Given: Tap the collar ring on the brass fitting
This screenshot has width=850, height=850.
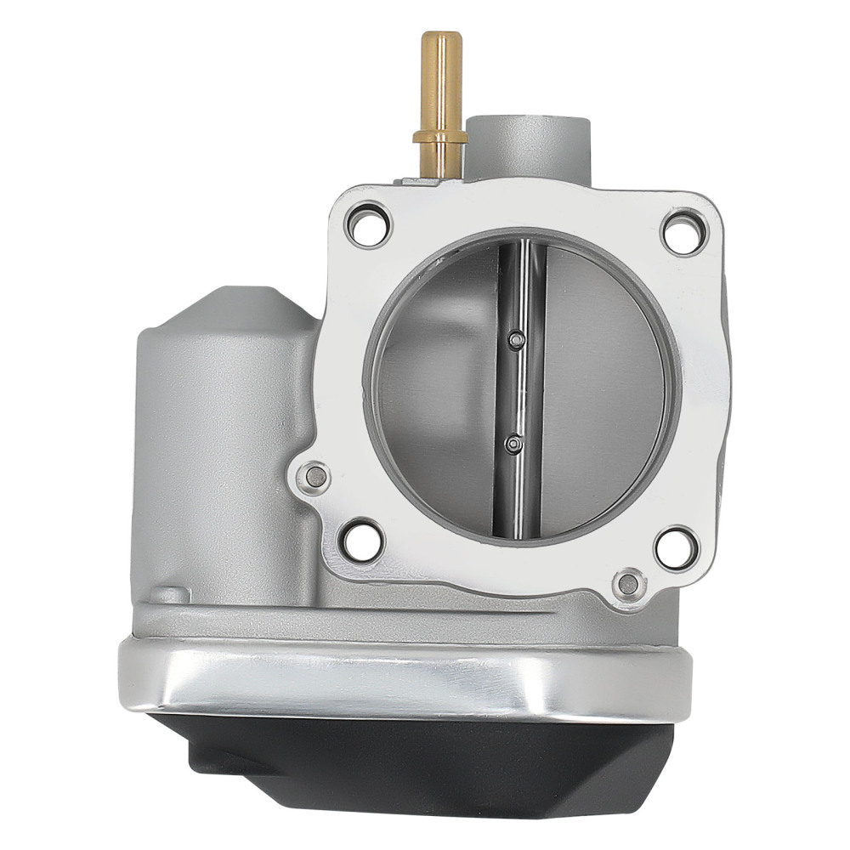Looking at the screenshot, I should coord(439,137).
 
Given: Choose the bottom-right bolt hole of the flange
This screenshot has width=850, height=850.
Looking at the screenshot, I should coord(676,547).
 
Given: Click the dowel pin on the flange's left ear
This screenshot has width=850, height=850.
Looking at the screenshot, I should coord(316,477).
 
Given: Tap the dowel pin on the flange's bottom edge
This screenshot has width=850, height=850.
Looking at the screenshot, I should coord(627,583).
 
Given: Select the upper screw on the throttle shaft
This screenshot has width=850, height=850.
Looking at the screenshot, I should coord(513,341).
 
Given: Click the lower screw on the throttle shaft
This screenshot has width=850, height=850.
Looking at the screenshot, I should coord(513,443).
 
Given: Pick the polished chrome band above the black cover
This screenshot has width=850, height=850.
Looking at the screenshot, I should coord(399,676).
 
